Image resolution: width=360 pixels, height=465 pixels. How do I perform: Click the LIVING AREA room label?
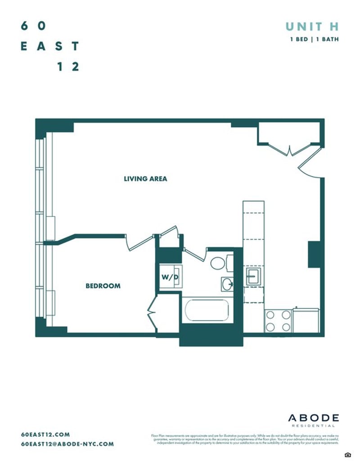[145, 179]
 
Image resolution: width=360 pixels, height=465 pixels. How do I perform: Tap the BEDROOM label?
[103, 286]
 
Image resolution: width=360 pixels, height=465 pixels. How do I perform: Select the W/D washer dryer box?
[170, 277]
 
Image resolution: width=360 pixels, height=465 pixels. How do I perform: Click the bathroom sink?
[228, 284]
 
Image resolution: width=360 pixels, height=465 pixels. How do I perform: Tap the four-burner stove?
[278, 321]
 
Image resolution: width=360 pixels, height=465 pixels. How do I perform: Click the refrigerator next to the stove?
[306, 320]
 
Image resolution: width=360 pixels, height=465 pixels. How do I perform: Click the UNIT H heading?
[312, 27]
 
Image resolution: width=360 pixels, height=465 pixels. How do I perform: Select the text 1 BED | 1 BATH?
[314, 39]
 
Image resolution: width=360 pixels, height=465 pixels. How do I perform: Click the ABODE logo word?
[313, 418]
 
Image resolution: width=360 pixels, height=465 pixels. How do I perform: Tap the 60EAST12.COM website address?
[45, 434]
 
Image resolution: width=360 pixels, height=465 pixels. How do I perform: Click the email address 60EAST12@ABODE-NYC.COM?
[67, 444]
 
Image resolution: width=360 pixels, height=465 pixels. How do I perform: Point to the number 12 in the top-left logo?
[68, 67]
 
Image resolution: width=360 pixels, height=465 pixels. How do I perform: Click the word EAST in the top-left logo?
[50, 46]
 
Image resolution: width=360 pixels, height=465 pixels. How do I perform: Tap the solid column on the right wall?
[315, 255]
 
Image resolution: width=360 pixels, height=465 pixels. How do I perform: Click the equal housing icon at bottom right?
[347, 455]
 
